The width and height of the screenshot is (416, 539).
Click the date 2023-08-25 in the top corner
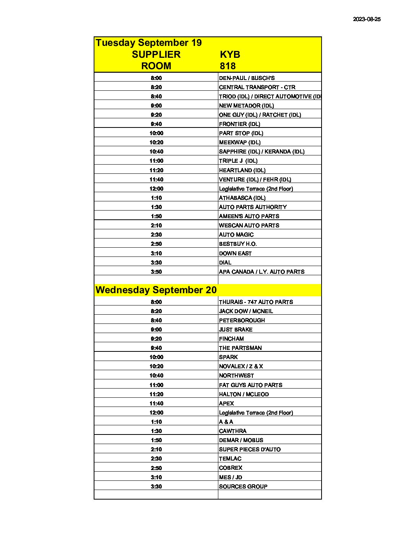(366, 19)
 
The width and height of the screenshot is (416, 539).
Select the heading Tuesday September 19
(148, 42)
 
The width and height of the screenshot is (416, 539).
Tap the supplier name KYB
(230, 54)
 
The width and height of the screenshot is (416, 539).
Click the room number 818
(227, 66)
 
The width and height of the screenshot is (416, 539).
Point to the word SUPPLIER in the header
(156, 54)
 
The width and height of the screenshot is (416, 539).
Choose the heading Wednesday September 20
(156, 290)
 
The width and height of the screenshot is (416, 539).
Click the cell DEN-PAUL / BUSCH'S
(247, 78)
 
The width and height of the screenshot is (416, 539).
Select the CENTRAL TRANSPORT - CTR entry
(257, 87)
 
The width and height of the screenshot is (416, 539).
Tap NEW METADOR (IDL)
(246, 106)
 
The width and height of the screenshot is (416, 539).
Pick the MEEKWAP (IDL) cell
(240, 142)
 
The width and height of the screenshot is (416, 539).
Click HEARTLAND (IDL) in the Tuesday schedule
(242, 170)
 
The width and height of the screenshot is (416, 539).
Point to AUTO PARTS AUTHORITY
(253, 207)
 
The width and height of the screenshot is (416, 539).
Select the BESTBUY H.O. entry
(238, 244)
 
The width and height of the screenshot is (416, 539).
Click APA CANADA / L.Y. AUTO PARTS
(262, 272)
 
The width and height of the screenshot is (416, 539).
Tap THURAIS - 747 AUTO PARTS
(256, 302)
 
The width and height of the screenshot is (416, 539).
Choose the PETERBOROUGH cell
(242, 320)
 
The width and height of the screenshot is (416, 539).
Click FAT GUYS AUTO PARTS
(250, 385)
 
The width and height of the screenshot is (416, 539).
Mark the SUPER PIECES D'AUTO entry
(250, 449)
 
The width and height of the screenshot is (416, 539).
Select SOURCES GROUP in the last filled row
(243, 487)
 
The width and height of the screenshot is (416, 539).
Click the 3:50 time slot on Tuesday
(156, 272)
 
